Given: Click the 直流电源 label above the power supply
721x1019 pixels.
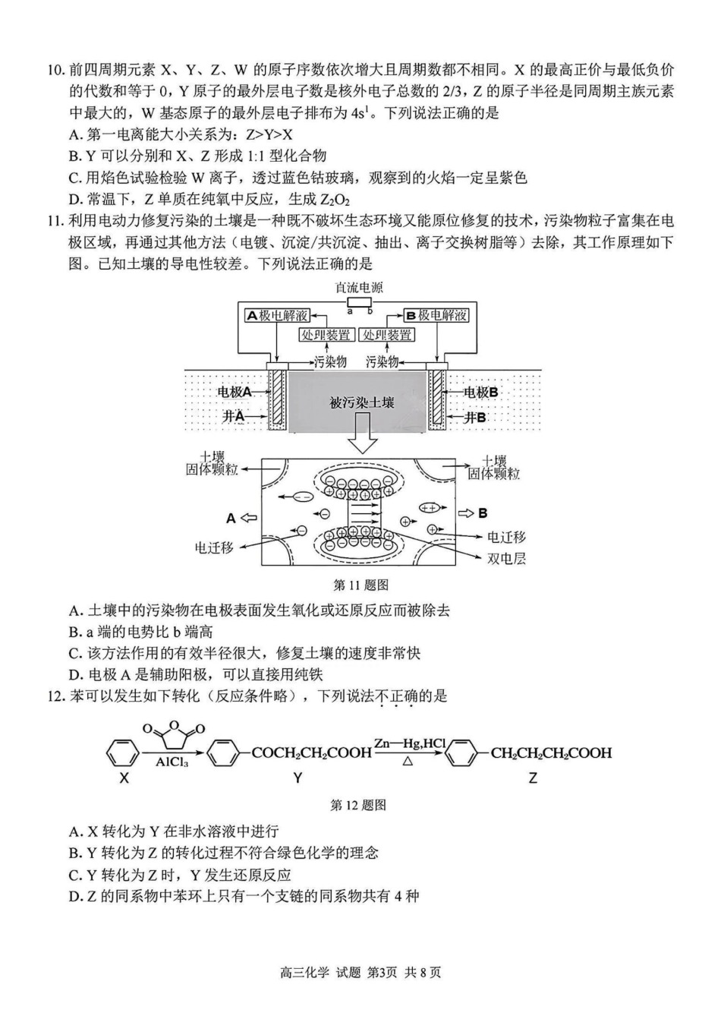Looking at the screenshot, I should (359, 287).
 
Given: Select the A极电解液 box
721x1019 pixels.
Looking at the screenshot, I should (278, 315).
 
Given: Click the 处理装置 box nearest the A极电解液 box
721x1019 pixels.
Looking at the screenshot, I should (326, 335).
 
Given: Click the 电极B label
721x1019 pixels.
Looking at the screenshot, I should (481, 392).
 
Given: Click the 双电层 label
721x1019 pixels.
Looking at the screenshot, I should (506, 558).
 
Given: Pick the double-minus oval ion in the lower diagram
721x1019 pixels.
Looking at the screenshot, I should (301, 497).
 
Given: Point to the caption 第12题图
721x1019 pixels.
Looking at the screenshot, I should (359, 805).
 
